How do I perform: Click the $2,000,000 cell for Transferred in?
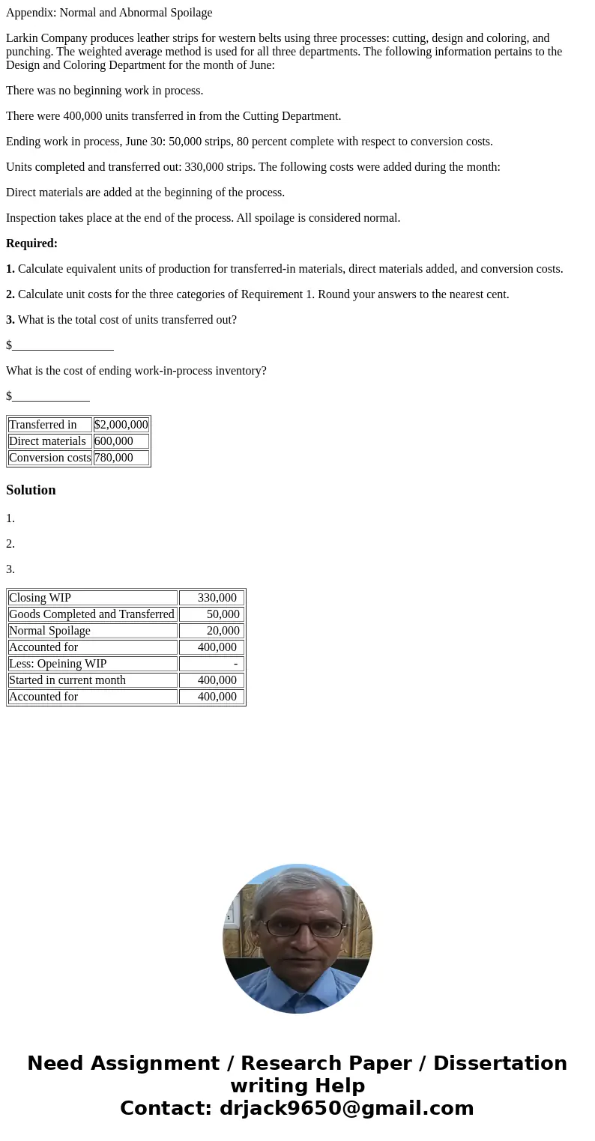tap(121, 425)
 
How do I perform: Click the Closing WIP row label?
tap(40, 598)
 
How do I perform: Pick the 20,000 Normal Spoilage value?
tap(223, 631)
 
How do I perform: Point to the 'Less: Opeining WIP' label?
tap(58, 664)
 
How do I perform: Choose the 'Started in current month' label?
tap(67, 680)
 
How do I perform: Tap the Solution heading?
tap(31, 490)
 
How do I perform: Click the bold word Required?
tap(31, 243)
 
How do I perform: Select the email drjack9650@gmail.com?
tap(346, 1108)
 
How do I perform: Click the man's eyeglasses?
tap(303, 927)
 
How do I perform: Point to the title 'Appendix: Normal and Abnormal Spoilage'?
tap(109, 13)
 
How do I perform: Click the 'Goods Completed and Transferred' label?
tap(91, 614)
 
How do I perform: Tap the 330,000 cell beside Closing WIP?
tap(217, 598)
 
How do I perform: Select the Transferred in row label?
tap(43, 425)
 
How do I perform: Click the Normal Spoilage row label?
tap(49, 631)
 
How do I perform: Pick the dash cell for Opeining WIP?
tap(235, 664)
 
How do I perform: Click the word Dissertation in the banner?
tap(500, 1064)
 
